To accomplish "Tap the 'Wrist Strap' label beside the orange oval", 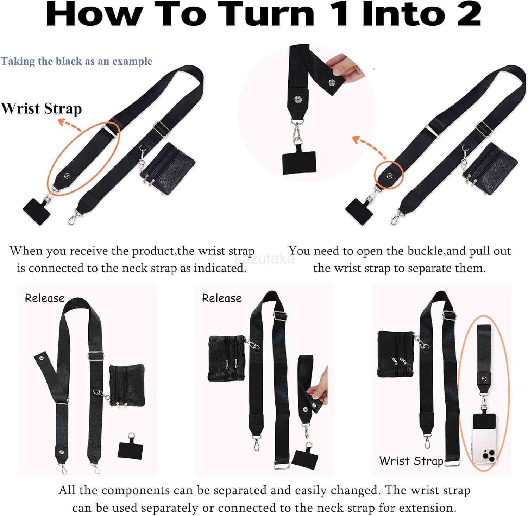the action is (41, 108).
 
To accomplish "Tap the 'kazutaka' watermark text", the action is (265, 259).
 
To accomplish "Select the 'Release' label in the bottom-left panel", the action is (45, 298).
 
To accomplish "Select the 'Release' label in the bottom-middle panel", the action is (222, 298).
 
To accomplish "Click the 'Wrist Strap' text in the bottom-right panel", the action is (411, 461).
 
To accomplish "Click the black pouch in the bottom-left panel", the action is (127, 385).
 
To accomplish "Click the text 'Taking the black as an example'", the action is (76, 61).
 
